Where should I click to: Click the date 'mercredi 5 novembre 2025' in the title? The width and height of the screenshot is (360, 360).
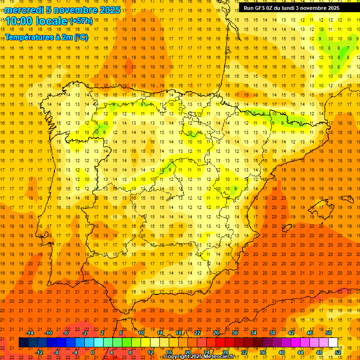tap(63, 10)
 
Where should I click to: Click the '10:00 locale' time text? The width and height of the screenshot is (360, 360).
tap(37, 21)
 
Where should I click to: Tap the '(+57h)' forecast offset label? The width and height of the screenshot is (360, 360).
tap(81, 21)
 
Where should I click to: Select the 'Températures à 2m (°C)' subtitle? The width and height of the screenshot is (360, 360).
tap(46, 37)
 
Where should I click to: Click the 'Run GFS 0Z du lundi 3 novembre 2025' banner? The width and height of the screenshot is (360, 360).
tap(292, 8)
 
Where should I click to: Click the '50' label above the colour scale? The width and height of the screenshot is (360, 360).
tap(329, 333)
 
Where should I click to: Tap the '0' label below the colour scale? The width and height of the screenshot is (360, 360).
tap(93, 352)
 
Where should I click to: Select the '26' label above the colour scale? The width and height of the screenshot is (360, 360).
tap(216, 333)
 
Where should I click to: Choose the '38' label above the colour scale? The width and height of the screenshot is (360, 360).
tap(272, 333)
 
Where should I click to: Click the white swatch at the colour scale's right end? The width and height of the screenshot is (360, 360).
tap(333, 342)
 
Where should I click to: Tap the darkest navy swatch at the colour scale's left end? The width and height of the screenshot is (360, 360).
tap(23, 342)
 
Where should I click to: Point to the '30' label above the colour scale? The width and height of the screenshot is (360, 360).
tap(235, 333)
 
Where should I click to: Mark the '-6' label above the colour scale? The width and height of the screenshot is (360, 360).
tap(66, 333)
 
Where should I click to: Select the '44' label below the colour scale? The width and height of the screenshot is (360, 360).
tap(300, 352)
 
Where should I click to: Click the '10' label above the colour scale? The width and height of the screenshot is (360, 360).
tap(141, 333)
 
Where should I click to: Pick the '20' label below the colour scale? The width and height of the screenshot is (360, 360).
tap(188, 352)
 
